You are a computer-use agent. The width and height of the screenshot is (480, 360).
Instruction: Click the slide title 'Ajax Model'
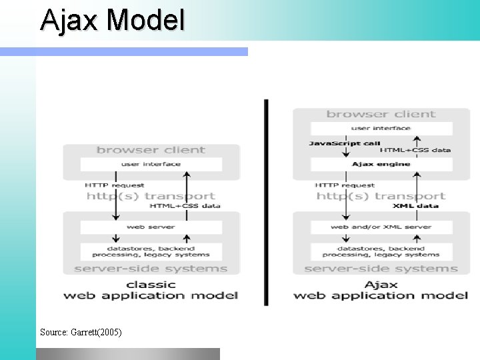(112, 20)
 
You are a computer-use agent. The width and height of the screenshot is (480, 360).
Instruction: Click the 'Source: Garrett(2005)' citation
(81, 331)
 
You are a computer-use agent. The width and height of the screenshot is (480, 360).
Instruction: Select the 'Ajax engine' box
(381, 164)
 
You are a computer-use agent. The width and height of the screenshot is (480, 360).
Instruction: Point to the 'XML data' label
(415, 206)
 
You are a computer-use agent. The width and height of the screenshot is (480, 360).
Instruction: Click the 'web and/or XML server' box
(381, 227)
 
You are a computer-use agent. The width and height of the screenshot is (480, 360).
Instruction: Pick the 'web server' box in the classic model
(151, 227)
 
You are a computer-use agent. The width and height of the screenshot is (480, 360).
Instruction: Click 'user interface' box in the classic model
(151, 164)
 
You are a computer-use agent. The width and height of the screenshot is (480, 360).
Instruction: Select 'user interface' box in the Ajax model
(381, 128)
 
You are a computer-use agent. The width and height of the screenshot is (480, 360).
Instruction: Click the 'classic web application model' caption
(151, 289)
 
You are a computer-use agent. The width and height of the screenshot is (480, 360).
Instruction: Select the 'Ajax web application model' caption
(381, 289)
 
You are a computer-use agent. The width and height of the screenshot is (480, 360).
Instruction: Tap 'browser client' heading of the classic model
(151, 150)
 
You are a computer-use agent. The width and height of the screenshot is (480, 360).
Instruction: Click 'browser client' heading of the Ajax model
(381, 114)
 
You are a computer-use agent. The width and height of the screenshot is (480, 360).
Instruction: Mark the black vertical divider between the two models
(267, 200)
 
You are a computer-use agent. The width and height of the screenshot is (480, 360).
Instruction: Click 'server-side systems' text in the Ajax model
(381, 269)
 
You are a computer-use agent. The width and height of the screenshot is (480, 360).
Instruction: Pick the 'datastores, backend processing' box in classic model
(151, 251)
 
